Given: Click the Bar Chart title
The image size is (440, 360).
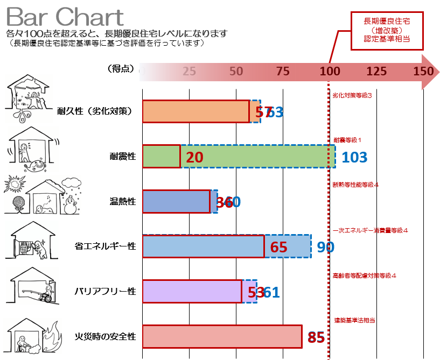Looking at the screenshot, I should pyautogui.click(x=65, y=17).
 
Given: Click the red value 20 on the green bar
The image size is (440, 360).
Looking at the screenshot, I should pyautogui.click(x=194, y=157).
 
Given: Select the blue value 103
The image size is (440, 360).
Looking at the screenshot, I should pyautogui.click(x=354, y=157).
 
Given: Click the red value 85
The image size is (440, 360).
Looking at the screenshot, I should pyautogui.click(x=316, y=337).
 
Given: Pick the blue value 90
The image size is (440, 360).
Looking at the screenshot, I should pyautogui.click(x=325, y=247).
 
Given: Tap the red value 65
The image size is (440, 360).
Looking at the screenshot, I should pyautogui.click(x=278, y=248).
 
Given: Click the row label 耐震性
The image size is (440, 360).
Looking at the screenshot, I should pyautogui.click(x=123, y=157).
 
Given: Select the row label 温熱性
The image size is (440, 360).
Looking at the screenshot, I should pyautogui.click(x=123, y=202).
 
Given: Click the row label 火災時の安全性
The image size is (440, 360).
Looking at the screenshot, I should pyautogui.click(x=106, y=337).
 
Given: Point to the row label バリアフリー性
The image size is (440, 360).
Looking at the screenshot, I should pyautogui.click(x=106, y=292).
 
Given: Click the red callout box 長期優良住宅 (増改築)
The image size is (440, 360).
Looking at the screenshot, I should pyautogui.click(x=387, y=31).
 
